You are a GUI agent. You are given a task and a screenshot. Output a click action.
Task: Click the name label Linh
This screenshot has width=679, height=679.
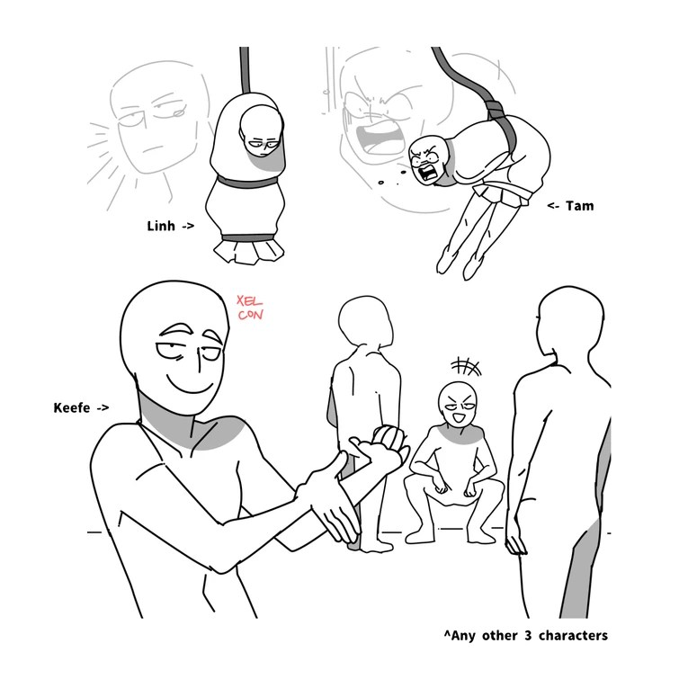161,226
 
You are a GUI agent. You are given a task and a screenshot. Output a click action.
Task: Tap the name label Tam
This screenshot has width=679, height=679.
579,206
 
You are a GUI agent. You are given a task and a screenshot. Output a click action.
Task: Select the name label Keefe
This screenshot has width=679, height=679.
72,407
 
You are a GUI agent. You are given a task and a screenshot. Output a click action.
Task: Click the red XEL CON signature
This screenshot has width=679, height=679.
250,308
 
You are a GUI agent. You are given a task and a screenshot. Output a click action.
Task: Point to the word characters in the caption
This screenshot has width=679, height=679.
573,636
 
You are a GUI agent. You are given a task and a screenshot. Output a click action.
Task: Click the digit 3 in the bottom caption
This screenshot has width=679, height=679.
527,636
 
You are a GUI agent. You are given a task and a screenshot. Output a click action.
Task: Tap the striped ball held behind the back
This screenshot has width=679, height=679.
389,439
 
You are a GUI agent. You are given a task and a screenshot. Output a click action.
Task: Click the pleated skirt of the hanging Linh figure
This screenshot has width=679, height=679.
248,251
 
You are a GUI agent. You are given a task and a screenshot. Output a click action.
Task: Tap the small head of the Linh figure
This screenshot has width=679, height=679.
260,131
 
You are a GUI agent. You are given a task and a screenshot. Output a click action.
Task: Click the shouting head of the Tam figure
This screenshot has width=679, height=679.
429,159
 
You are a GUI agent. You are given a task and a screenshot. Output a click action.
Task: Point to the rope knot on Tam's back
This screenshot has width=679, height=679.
495,108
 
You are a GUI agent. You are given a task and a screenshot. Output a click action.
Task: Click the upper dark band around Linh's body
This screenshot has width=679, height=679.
247,181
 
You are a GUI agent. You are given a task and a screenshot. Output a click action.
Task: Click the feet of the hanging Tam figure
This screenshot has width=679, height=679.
459,265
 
